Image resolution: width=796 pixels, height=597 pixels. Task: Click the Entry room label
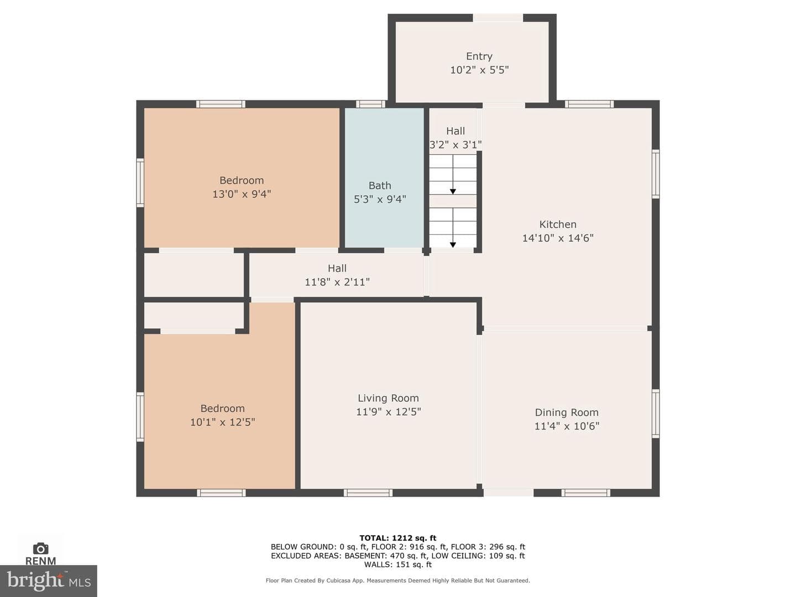coord(479,56)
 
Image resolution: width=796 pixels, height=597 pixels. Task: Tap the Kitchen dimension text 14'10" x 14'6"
coord(558,238)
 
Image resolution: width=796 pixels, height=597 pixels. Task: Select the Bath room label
coord(380,186)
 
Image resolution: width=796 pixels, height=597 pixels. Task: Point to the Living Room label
coord(388,399)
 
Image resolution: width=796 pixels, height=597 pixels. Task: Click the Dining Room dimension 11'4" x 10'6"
coord(567,426)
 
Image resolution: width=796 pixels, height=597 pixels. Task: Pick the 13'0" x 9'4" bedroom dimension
coord(242,194)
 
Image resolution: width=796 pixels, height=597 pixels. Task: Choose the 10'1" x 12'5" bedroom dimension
coord(223,422)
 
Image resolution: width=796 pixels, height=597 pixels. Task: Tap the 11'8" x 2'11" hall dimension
coord(337,282)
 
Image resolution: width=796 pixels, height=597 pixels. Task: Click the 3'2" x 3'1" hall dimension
coord(455,145)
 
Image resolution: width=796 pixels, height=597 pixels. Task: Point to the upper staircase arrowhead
coord(453,191)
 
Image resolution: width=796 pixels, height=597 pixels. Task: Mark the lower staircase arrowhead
coord(453,245)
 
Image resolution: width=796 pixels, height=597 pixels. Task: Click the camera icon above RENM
coord(40,549)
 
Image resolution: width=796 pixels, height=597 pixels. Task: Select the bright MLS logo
coord(49,580)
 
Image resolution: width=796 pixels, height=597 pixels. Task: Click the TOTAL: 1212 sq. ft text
coord(398,538)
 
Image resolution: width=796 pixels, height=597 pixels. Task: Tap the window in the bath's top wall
coord(370,104)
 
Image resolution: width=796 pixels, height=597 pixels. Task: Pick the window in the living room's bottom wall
coord(368,493)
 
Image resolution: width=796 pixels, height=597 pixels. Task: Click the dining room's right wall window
coord(656,413)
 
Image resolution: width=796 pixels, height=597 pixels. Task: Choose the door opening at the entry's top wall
coord(498,18)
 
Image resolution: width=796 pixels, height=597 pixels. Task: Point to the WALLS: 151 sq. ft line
coord(398,565)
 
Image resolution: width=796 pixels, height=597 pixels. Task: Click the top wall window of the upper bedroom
coord(221,104)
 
